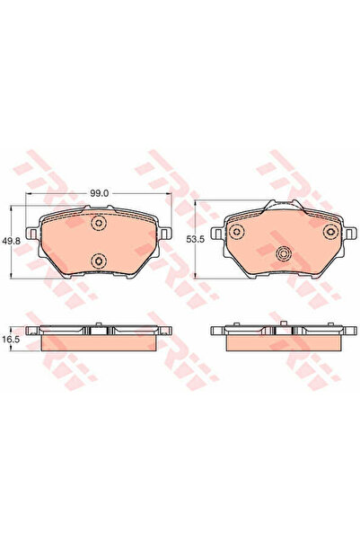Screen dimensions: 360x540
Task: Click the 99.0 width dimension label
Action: pyautogui.click(x=99, y=193)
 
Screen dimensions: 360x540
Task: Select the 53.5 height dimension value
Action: pyautogui.click(x=195, y=239)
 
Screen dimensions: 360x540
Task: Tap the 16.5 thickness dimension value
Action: pyautogui.click(x=11, y=340)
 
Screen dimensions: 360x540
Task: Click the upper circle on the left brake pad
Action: pyautogui.click(x=99, y=223)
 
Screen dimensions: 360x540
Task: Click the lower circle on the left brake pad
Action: pyautogui.click(x=99, y=261)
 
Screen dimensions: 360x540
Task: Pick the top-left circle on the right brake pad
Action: pyautogui.click(x=237, y=231)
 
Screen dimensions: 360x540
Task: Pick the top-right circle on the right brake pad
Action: pyautogui.click(x=331, y=231)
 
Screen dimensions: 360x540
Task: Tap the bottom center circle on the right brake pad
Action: pyautogui.click(x=284, y=253)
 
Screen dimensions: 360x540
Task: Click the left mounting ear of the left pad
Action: pyautogui.click(x=33, y=234)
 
